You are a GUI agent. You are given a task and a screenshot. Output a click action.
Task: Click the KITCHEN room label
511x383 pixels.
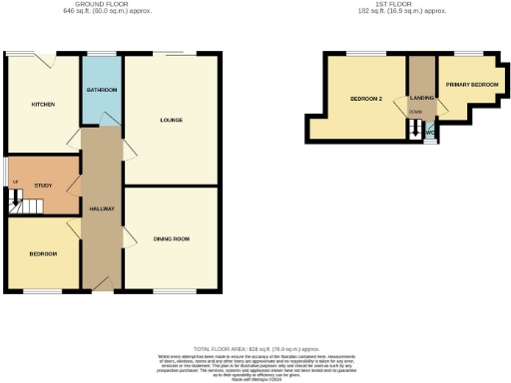42,104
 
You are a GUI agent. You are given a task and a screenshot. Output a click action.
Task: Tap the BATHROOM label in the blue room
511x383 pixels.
101,91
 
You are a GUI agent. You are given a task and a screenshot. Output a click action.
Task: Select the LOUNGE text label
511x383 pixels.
171,120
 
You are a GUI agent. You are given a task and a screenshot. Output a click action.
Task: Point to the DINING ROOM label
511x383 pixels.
171,239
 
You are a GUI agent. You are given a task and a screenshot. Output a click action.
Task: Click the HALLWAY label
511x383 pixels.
101,208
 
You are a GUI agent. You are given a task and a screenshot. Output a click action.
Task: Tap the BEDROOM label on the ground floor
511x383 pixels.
42,254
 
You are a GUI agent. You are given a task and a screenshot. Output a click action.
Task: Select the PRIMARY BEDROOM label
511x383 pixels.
471,85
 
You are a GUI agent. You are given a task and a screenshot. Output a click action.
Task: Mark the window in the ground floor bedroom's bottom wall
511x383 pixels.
42,291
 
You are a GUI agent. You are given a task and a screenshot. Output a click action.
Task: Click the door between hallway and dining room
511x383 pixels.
128,237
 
